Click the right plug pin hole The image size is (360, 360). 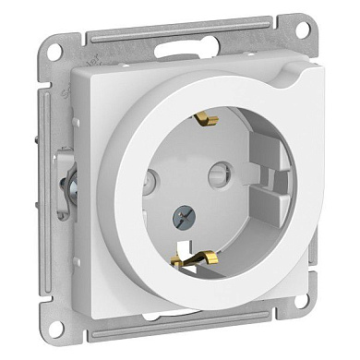coord(244,174)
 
